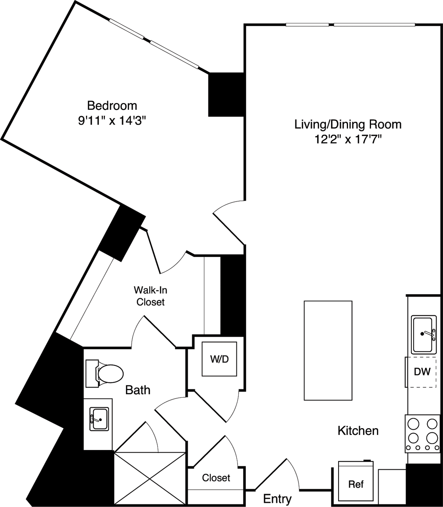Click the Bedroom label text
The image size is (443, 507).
112,106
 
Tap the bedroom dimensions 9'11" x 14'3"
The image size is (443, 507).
112,120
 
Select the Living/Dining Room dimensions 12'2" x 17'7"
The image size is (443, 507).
348,139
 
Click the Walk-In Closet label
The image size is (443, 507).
150,296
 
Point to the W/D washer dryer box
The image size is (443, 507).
220,359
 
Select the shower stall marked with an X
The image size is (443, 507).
150,477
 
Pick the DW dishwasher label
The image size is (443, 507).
422,372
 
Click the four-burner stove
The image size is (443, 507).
422,433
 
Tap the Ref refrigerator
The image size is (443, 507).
356,484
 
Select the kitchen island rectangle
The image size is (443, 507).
328,351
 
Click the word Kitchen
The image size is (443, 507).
358,431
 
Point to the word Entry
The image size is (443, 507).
277,499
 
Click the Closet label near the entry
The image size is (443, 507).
216,478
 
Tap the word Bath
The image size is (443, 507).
138,390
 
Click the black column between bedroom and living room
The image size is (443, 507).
226,94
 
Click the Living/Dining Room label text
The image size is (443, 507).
348,124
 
